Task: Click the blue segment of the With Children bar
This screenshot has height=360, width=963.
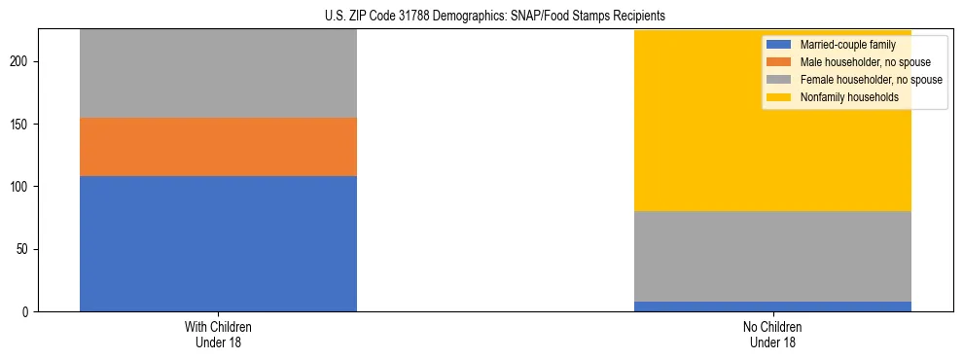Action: point(218,243)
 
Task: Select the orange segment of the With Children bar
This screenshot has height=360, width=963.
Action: point(218,147)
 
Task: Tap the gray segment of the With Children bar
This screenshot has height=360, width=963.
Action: point(218,73)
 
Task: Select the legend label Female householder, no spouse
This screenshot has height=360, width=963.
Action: point(871,80)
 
